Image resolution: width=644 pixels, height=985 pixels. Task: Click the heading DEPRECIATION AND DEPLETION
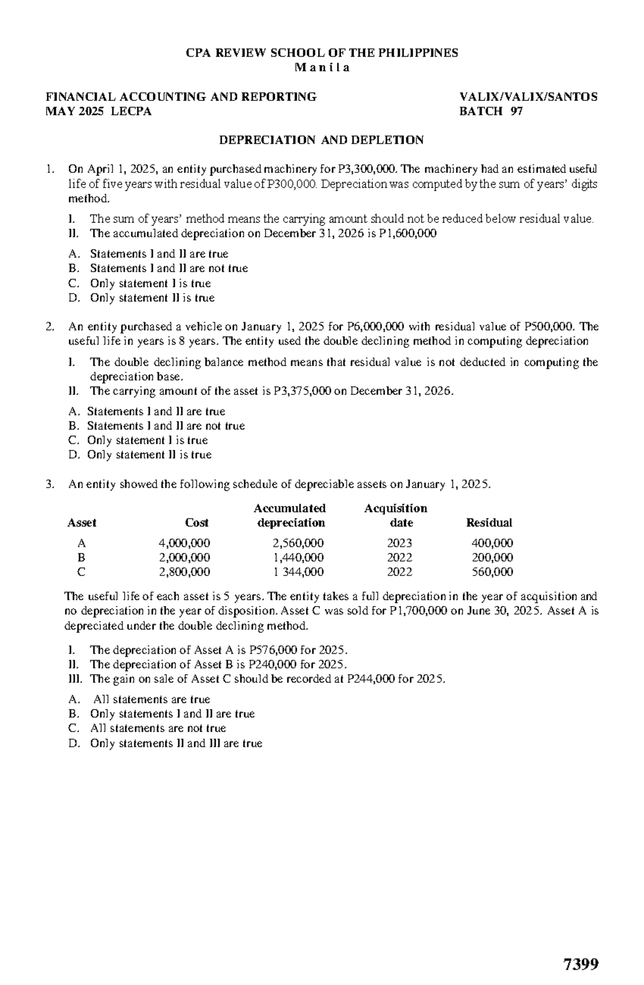(x=320, y=140)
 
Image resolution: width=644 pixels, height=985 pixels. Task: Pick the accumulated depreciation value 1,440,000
(x=298, y=557)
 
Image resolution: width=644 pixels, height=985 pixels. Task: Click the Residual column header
(x=489, y=522)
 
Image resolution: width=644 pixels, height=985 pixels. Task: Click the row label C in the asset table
(x=81, y=572)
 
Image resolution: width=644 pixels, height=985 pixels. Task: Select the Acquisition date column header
(x=396, y=515)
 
